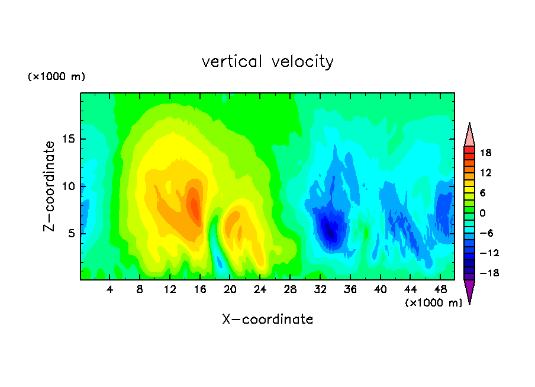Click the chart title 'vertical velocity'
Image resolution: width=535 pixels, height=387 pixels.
coord(267,62)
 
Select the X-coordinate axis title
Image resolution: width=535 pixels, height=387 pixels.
coord(267,319)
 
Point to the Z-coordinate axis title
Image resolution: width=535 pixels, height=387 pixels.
coord(49,186)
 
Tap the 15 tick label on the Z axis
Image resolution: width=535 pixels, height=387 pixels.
coord(68,139)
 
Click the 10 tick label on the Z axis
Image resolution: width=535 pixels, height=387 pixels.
coord(68,186)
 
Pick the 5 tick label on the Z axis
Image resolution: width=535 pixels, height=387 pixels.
coord(72,233)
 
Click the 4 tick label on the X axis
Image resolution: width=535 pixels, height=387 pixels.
coord(109,289)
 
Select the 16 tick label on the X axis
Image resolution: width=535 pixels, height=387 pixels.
coord(200,289)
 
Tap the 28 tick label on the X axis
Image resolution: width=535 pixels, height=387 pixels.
coord(290,289)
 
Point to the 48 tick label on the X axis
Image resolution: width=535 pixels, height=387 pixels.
coord(440,289)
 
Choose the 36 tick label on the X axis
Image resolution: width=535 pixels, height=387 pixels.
coord(350,289)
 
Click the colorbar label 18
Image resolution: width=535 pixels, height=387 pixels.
coord(485,153)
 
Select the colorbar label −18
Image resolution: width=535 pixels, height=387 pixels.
coord(489,273)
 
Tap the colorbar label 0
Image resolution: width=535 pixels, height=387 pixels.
coord(482,213)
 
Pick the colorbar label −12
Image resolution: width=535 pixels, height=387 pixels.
coord(489,253)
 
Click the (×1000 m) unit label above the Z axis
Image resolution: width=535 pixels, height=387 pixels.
coord(56,76)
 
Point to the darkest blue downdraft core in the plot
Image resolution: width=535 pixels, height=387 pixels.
coord(330,231)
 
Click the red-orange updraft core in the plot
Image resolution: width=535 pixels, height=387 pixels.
coord(195,208)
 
